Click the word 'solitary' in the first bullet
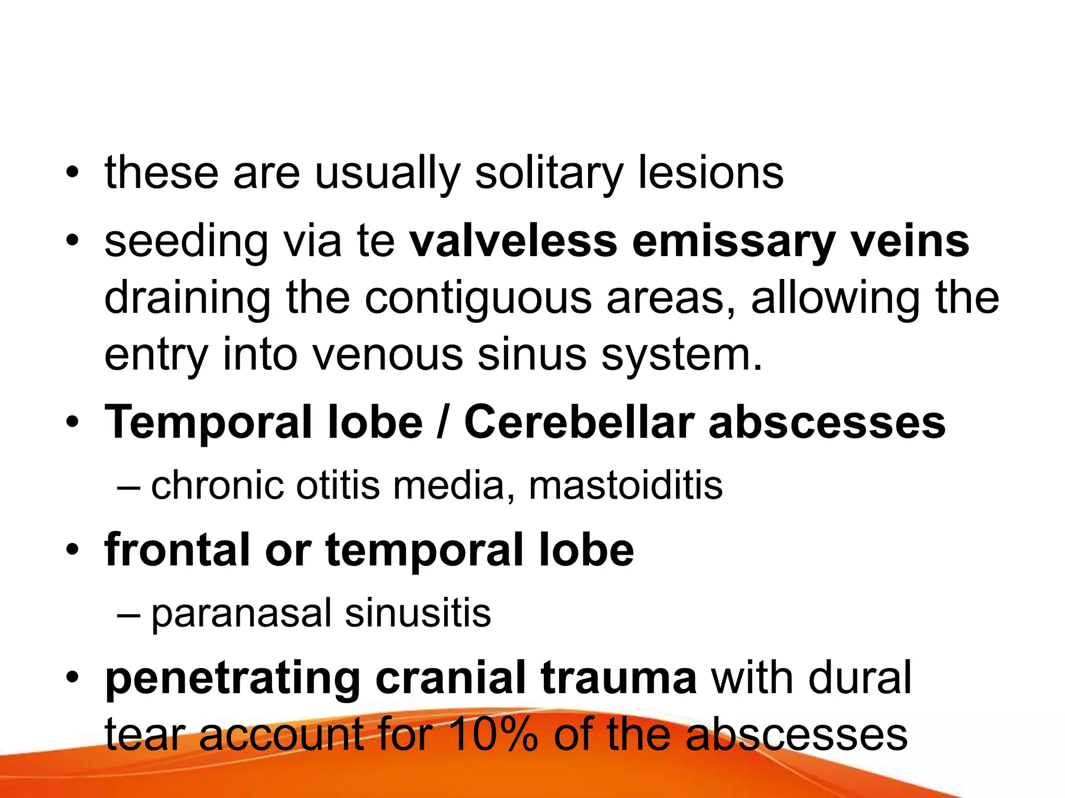point(549,174)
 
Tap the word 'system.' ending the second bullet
point(682,356)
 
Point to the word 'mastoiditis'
point(626,485)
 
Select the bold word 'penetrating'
point(233,679)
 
